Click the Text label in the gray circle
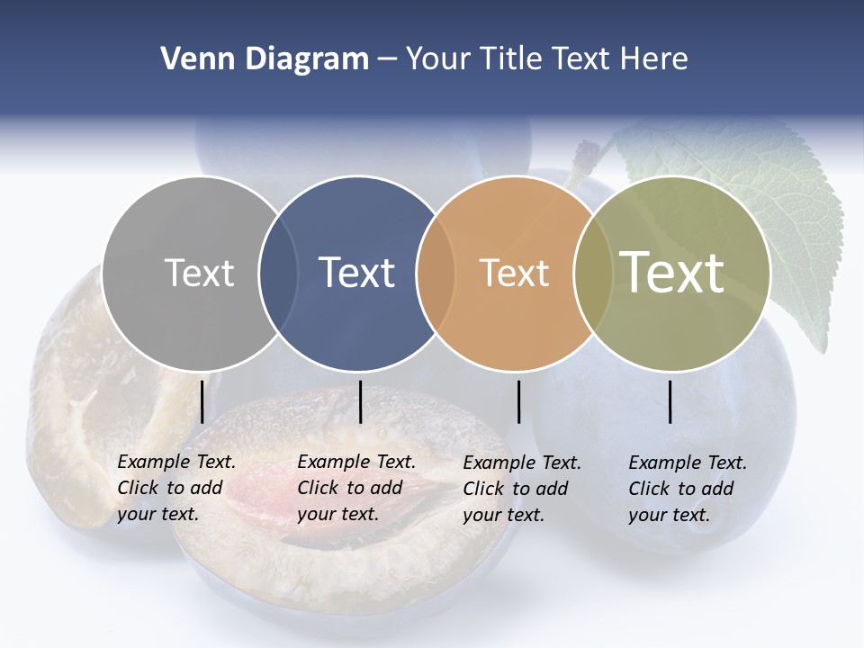tap(199, 273)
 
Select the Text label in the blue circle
tap(356, 273)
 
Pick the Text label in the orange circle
tap(514, 273)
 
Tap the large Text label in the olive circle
tap(671, 272)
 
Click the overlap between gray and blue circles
tap(278, 273)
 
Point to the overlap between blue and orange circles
tap(436, 273)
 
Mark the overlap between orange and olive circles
tap(593, 273)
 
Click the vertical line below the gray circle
tap(202, 401)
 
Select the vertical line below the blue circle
tap(360, 401)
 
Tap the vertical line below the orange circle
tap(518, 401)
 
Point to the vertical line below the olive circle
tap(670, 401)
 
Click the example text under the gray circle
tap(175, 488)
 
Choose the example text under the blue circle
tap(355, 488)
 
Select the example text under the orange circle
tap(521, 489)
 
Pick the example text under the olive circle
tap(687, 489)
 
